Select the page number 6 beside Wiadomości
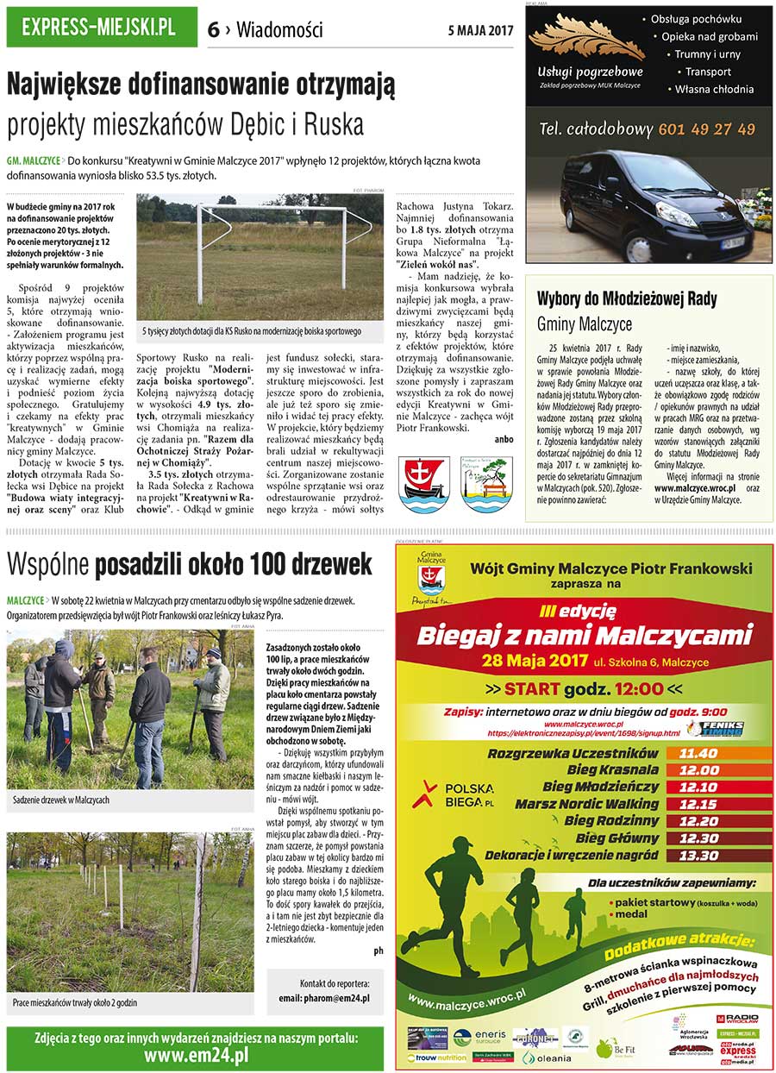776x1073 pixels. pos(213,29)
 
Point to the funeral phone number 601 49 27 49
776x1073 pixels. pos(706,129)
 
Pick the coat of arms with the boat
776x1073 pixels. pos(423,484)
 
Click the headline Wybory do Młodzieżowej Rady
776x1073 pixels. pos(627,299)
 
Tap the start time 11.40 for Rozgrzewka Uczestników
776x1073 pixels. pos(698,753)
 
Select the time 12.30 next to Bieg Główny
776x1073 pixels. pos(698,838)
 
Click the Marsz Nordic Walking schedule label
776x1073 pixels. pos(586,804)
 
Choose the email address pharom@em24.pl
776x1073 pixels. pos(324,998)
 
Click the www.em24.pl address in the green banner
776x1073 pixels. pos(197,1054)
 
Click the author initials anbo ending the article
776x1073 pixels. pos(504,439)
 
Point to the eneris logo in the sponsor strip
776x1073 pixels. pos(474,1038)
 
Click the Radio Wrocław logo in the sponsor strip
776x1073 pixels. pos(735,1020)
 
